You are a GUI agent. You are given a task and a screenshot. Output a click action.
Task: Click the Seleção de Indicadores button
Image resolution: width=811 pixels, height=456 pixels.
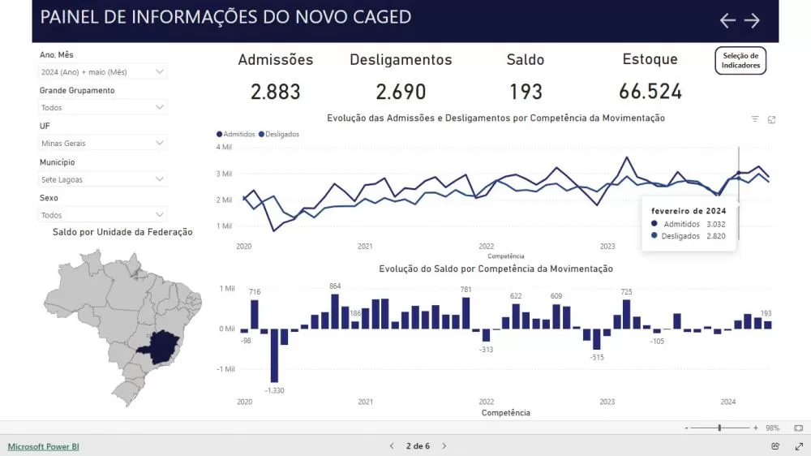pyautogui.click(x=740, y=61)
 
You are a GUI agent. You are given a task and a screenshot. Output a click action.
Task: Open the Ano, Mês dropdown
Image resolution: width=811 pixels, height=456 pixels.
pyautogui.click(x=103, y=71)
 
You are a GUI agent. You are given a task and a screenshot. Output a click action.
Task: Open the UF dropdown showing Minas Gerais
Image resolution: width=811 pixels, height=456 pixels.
pyautogui.click(x=103, y=143)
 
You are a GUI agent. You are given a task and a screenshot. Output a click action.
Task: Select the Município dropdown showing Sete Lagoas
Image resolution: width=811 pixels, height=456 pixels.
pyautogui.click(x=103, y=179)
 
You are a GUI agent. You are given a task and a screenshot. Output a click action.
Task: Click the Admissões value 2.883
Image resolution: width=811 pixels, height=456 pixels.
pyautogui.click(x=275, y=92)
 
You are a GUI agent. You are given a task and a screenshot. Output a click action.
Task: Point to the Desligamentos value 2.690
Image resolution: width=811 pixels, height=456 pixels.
pyautogui.click(x=401, y=92)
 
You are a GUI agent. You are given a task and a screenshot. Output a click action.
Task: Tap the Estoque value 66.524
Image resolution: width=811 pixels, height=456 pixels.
pyautogui.click(x=650, y=92)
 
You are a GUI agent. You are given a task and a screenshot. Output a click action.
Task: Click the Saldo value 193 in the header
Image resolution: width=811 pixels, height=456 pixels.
pyautogui.click(x=526, y=92)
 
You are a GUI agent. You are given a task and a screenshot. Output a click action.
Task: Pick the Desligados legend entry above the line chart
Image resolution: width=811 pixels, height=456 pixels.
pyautogui.click(x=279, y=134)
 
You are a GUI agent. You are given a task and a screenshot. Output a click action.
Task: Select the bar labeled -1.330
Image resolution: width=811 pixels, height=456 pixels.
pyautogui.click(x=274, y=355)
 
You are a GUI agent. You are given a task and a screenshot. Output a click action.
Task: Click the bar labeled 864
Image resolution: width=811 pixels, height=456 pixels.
pyautogui.click(x=335, y=311)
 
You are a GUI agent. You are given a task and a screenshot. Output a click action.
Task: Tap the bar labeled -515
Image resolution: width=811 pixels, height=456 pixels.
pyautogui.click(x=597, y=338)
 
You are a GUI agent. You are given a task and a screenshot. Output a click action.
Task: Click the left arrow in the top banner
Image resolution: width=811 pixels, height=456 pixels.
pyautogui.click(x=727, y=20)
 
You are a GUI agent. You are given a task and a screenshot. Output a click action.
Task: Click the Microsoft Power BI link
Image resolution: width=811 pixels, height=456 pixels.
pyautogui.click(x=44, y=446)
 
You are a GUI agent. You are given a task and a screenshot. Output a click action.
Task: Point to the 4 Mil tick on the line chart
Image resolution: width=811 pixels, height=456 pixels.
pyautogui.click(x=225, y=147)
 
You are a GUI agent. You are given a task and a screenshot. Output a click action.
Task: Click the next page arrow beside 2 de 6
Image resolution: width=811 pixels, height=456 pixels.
pyautogui.click(x=444, y=446)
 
